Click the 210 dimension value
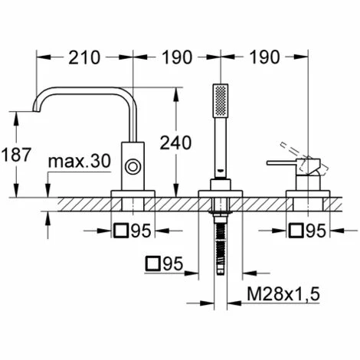click(84, 57)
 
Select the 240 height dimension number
click(175, 142)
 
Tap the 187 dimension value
click(16, 155)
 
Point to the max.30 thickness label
click(80, 161)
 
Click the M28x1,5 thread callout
click(283, 293)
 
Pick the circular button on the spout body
click(133, 167)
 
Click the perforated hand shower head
click(221, 100)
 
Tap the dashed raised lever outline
click(304, 158)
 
